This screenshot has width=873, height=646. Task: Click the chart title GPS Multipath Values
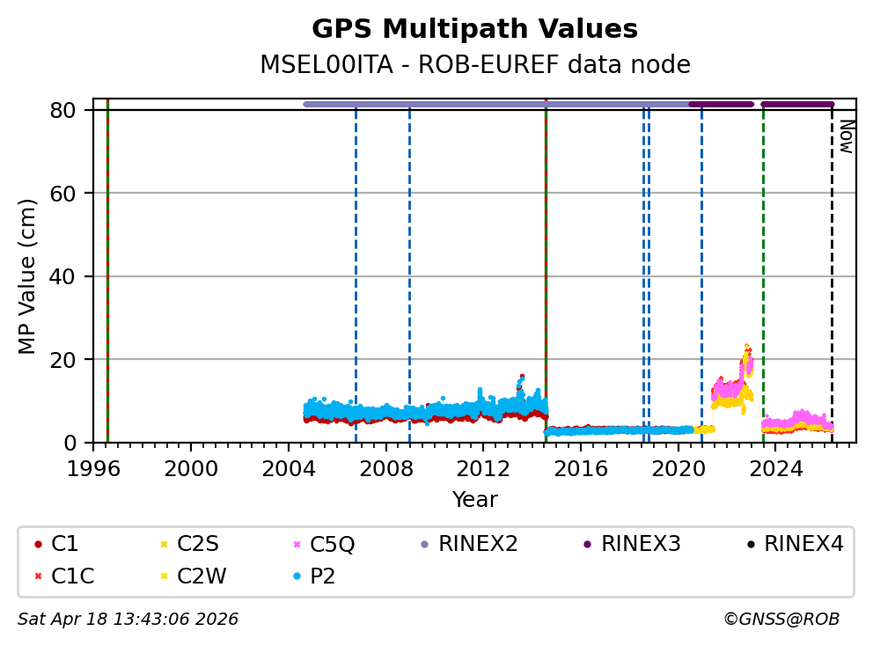pos(474,29)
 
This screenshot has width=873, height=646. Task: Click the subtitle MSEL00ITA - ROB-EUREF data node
pos(474,65)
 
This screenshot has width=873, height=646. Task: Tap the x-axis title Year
pos(474,500)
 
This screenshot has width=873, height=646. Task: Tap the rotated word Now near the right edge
pos(846,136)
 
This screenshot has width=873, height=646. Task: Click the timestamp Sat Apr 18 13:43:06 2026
pos(128,620)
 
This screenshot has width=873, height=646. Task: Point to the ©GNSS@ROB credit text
pos(781,620)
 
